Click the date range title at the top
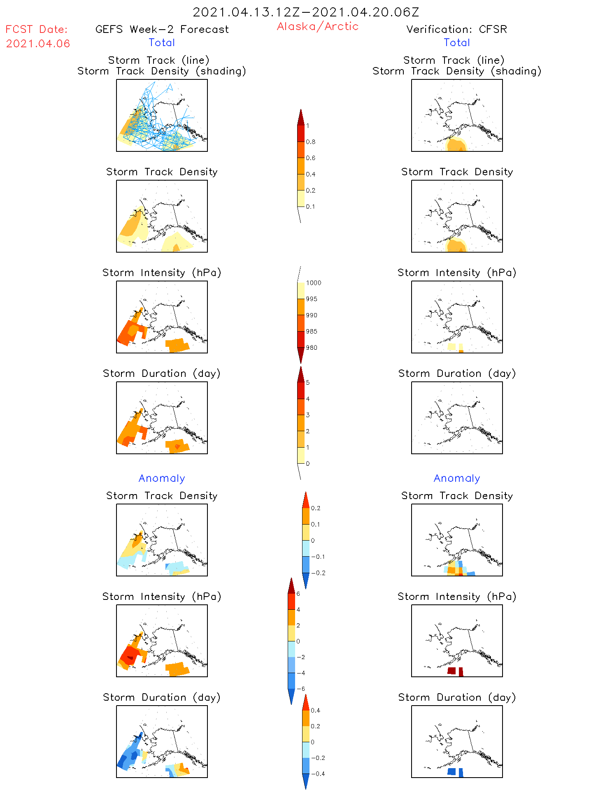tap(306, 12)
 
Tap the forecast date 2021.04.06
tap(38, 44)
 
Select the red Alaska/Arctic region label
tap(317, 26)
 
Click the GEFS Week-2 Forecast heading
tap(162, 29)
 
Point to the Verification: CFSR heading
tap(456, 29)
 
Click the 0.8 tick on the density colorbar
tap(311, 142)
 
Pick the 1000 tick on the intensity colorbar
tap(313, 283)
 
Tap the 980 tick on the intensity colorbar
tap(312, 348)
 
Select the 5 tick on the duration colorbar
tap(308, 383)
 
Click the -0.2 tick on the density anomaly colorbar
tap(318, 573)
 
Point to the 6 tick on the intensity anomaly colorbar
tap(298, 594)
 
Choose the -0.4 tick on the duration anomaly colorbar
tap(318, 774)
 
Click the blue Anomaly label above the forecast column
tap(162, 478)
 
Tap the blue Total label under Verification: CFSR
tap(457, 42)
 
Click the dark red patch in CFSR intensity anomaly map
tap(452, 671)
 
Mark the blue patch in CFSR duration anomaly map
tap(452, 771)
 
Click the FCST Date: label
tap(36, 29)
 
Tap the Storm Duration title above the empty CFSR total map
tap(457, 373)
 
